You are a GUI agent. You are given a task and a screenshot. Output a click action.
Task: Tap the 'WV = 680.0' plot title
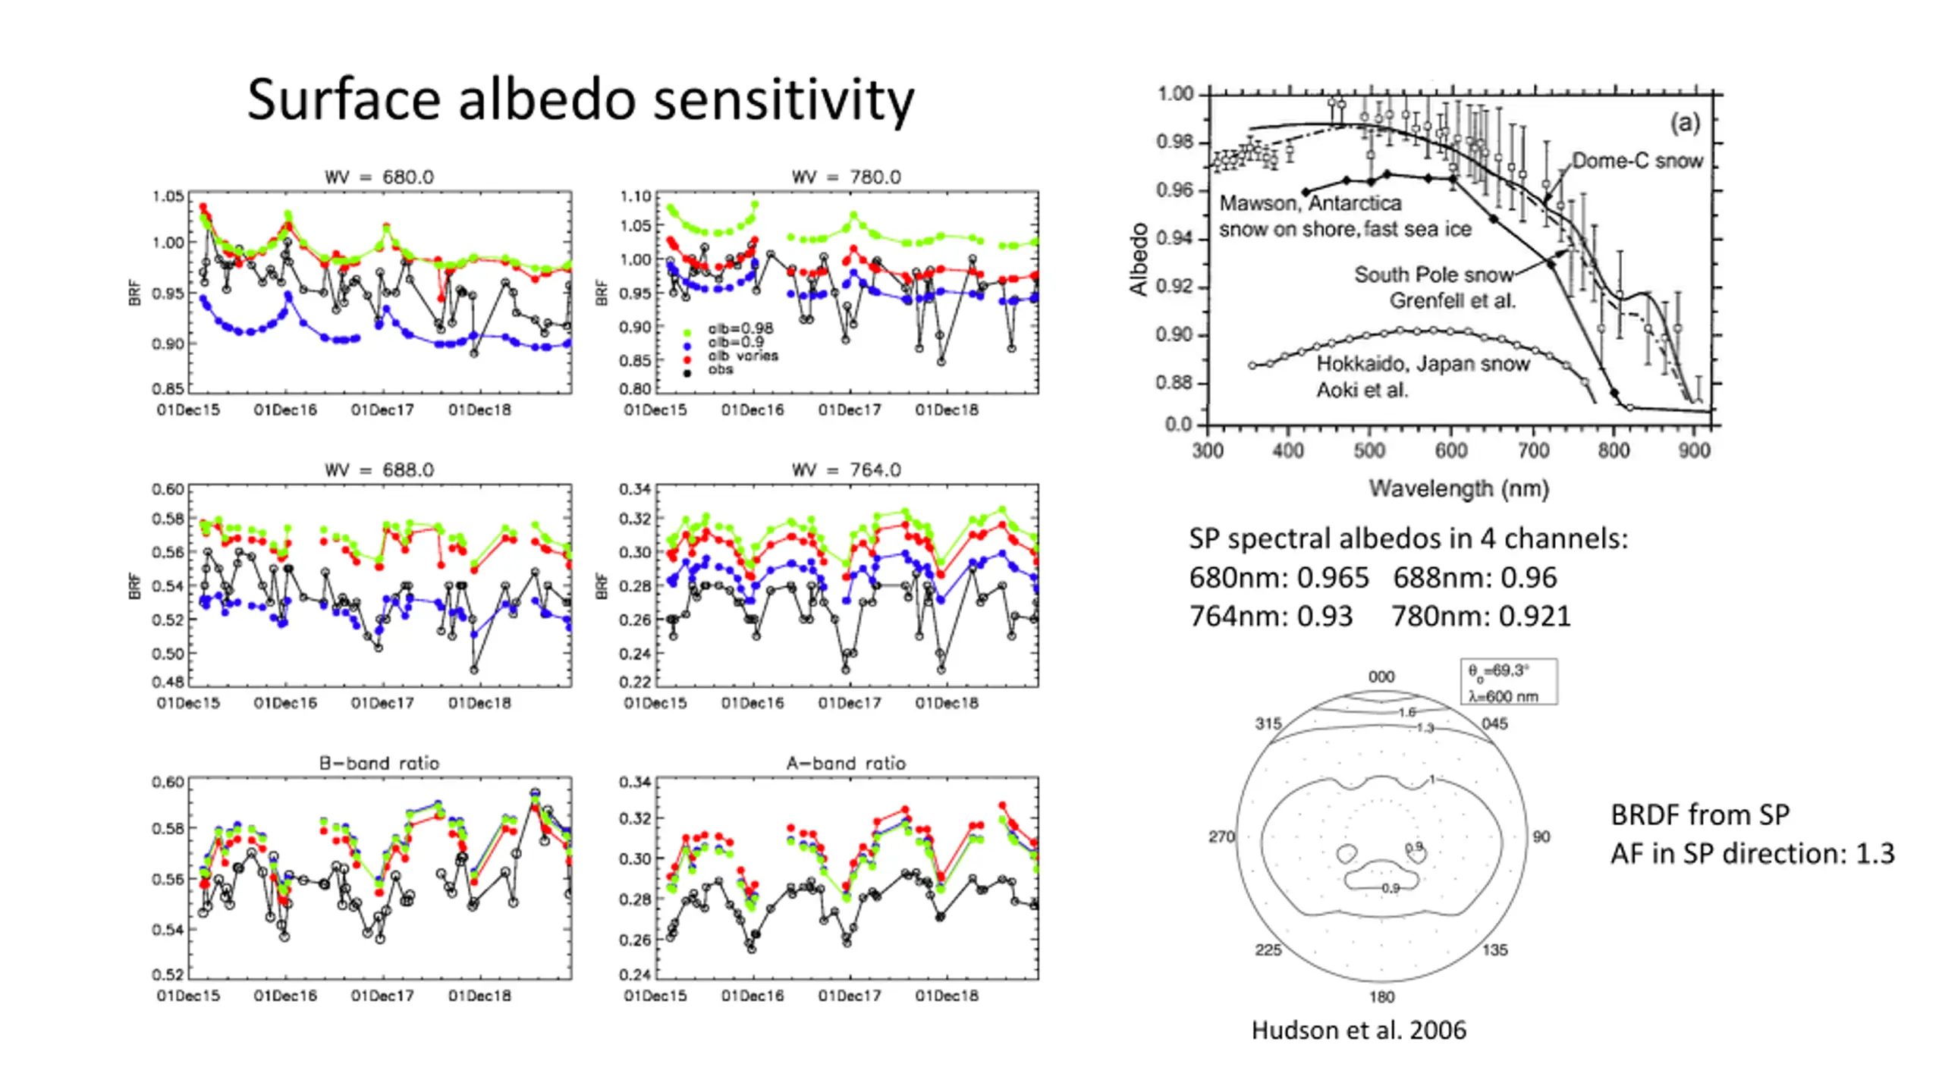[379, 177]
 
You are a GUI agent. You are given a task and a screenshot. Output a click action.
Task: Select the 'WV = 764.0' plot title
[847, 470]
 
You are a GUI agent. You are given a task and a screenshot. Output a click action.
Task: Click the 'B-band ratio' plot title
[379, 763]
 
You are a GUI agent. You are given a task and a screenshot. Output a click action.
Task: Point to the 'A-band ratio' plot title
[847, 763]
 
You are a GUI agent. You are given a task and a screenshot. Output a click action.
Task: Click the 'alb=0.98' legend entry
[740, 329]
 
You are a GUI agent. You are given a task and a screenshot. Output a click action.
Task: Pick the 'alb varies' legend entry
[743, 356]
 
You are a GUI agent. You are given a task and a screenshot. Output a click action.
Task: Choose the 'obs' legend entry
[721, 369]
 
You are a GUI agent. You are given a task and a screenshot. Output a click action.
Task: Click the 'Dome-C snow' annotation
[1637, 161]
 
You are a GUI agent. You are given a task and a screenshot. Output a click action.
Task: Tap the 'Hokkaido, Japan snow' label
[1423, 364]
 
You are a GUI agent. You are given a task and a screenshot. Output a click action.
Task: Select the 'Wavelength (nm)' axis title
[1459, 488]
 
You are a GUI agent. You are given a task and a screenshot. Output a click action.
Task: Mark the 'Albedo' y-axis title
[1138, 259]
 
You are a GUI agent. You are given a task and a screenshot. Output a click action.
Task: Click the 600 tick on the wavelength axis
[1450, 450]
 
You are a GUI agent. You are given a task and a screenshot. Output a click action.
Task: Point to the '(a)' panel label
[1685, 123]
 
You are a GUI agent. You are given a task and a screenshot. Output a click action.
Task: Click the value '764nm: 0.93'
[1271, 617]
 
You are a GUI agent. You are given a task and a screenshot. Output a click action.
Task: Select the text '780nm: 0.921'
[1481, 617]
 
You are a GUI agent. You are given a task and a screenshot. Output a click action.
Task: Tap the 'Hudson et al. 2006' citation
[1359, 1030]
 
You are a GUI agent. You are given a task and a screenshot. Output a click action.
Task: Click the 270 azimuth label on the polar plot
[1221, 836]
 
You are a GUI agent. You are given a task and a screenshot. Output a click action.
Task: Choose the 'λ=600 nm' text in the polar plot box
[1503, 696]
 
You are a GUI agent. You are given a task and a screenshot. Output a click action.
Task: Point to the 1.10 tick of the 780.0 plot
[636, 196]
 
